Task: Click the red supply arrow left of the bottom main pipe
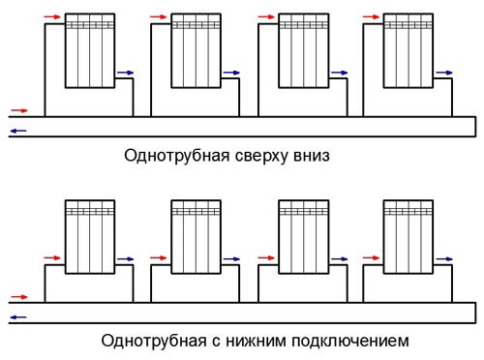click(x=18, y=297)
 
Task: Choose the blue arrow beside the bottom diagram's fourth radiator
click(x=443, y=260)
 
